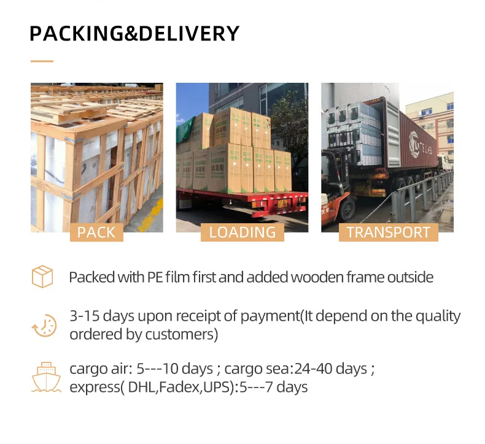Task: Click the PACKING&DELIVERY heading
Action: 134,33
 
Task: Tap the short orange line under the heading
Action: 42,61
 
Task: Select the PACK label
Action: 96,232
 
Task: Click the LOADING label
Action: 242,232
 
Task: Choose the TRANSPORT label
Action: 388,232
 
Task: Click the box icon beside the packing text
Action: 42,277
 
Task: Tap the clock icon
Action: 44,325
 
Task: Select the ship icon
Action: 46,377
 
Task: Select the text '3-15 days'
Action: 95,316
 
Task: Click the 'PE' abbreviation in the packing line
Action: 155,277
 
